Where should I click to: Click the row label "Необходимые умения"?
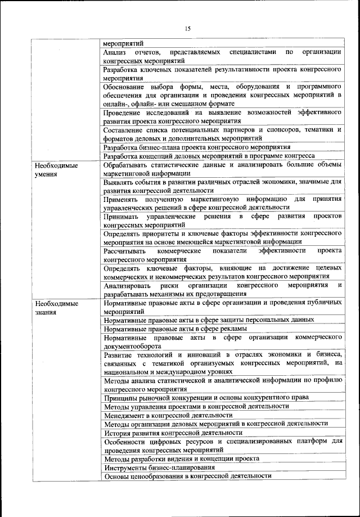56,170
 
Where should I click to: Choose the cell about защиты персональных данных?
209,320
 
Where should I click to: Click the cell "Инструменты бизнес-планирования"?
160,467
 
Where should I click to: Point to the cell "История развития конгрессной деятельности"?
173,433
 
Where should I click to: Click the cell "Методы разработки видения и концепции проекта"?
182,458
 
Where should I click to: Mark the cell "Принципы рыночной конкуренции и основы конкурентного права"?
206,398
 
